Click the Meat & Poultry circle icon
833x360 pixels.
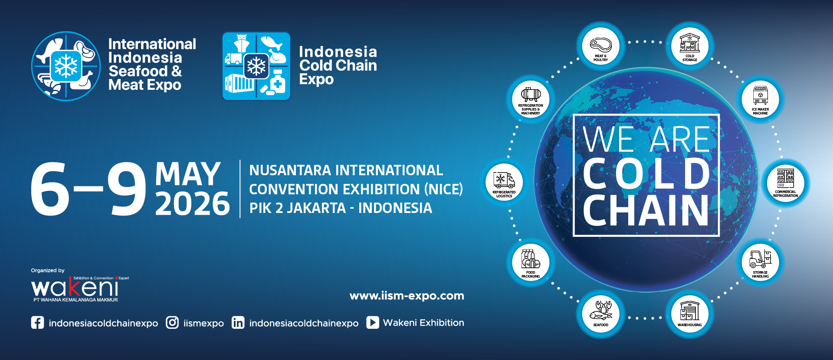pos(600,46)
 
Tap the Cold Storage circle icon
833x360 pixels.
pos(690,46)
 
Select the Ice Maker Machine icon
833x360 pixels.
pos(760,99)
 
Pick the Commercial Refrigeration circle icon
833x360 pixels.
pos(785,182)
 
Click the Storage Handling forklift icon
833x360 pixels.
pos(760,262)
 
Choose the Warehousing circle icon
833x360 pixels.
pos(690,314)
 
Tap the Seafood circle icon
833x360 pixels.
pos(600,314)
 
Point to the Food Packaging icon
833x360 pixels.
pos(531,262)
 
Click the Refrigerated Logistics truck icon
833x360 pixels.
pos(504,182)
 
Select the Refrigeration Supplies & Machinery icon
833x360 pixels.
pos(531,99)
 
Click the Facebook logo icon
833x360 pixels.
pos(37,323)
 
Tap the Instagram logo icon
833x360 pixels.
pos(172,323)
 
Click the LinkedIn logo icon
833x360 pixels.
pos(238,323)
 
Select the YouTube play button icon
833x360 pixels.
pos(373,323)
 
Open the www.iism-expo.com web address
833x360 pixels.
pos(407,296)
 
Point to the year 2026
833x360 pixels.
pos(193,204)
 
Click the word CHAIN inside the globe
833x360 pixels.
pos(646,210)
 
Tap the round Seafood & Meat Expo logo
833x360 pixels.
pos(66,66)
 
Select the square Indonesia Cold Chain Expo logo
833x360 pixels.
pos(256,66)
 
